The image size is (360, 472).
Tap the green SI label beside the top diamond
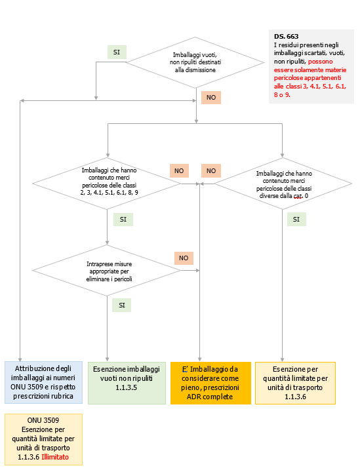(x=117, y=52)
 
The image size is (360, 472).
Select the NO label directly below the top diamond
(x=210, y=97)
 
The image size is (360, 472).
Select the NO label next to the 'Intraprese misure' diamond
(x=185, y=258)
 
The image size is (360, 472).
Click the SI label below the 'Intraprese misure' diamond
(x=121, y=305)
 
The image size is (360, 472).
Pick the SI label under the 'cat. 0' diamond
(x=296, y=220)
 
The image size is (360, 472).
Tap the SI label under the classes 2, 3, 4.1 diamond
(x=122, y=220)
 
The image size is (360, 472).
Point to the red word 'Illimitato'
(x=55, y=457)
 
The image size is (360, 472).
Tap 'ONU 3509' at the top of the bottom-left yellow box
(x=43, y=420)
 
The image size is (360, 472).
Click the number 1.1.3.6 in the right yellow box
(x=295, y=397)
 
